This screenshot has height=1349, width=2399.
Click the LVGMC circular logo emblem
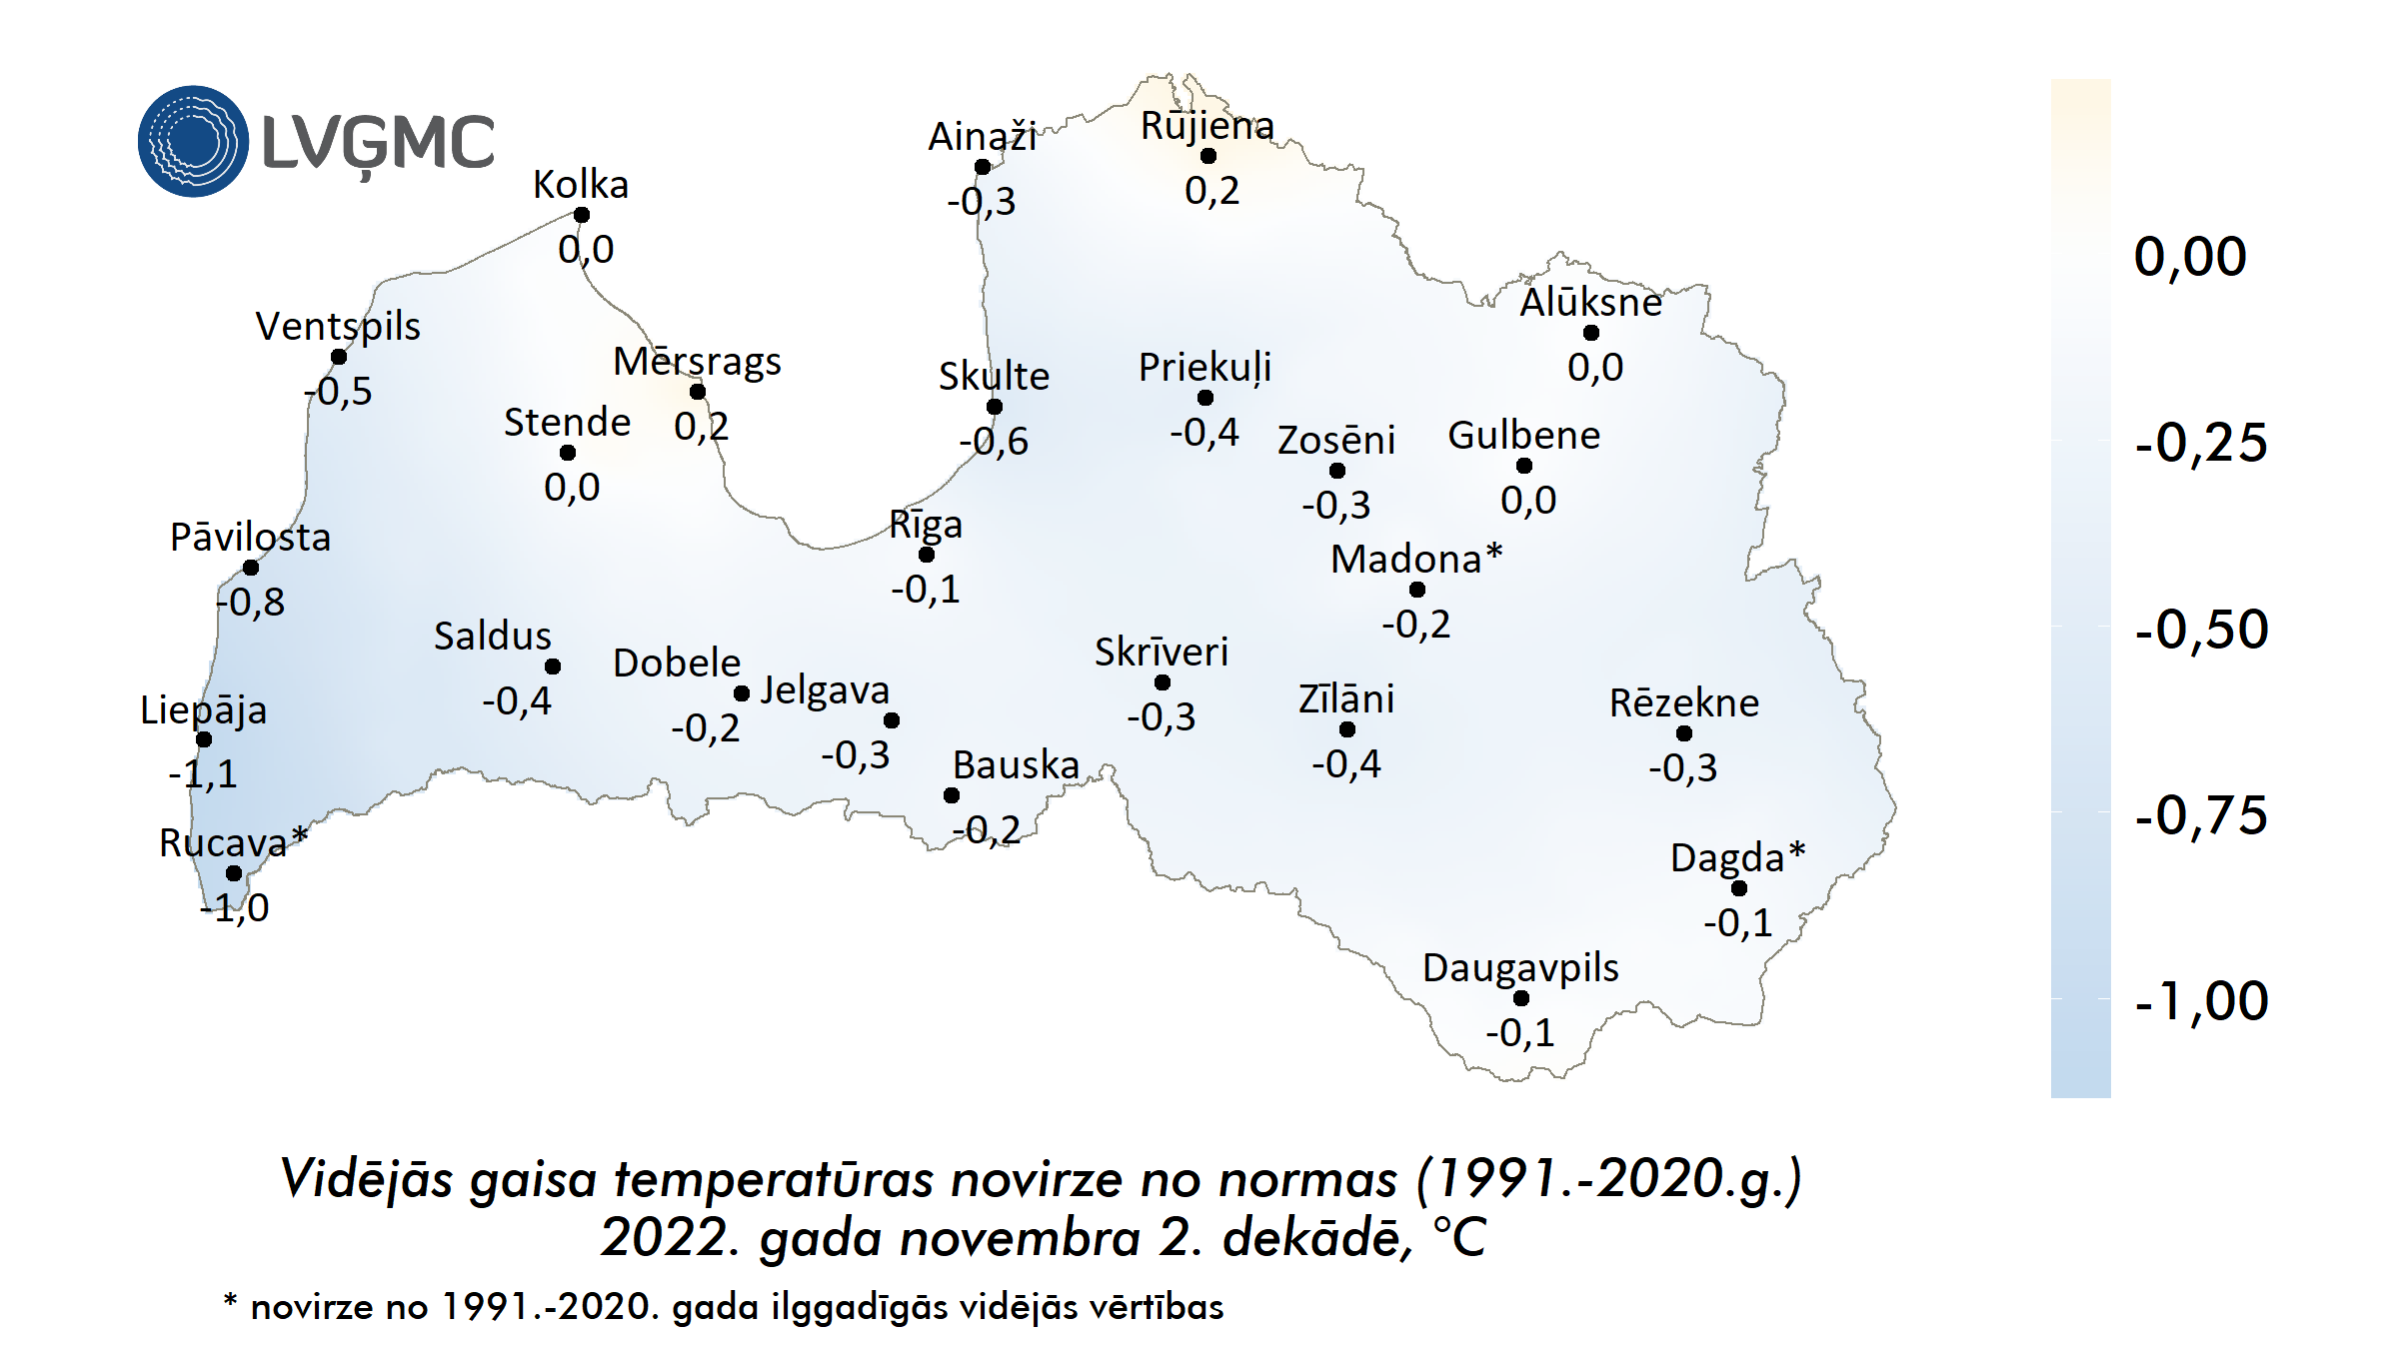(193, 141)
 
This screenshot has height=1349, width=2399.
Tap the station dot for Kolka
(582, 215)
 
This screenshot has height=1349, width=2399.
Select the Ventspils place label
(338, 326)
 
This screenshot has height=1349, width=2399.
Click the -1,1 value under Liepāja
(203, 773)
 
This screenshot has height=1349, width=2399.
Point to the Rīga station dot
(927, 555)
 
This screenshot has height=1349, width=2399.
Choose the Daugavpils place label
(1520, 967)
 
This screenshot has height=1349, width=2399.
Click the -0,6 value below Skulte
(994, 441)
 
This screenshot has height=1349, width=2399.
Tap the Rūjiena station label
(1207, 126)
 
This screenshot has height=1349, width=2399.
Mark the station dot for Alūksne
(1591, 333)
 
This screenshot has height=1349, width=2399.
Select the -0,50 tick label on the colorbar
(2201, 630)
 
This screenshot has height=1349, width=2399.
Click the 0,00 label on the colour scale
(2190, 257)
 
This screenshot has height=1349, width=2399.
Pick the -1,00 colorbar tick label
(2201, 1000)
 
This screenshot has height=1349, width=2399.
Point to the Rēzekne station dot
(1684, 733)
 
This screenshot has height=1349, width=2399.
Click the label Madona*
(1416, 559)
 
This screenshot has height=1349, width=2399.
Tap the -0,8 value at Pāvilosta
(251, 602)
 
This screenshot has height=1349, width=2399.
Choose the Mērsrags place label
(697, 362)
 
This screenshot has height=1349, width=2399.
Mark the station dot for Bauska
(952, 795)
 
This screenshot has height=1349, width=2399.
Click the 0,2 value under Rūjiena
(1211, 190)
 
